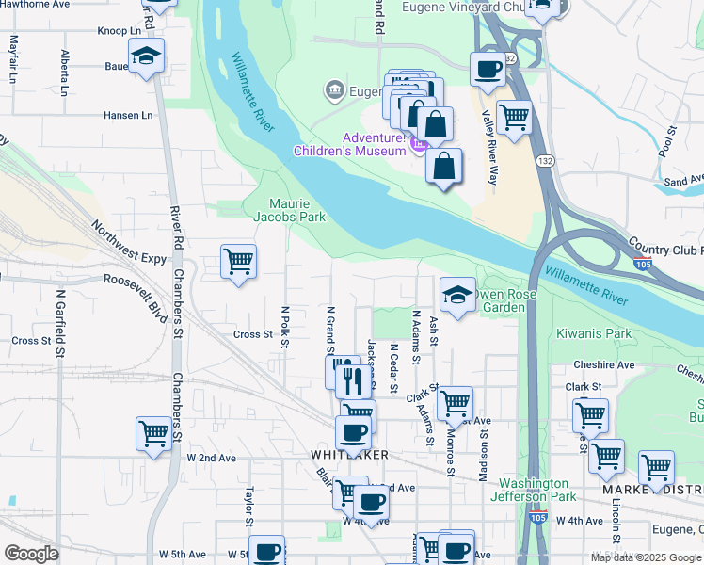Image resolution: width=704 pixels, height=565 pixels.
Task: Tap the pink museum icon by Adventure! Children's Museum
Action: pyautogui.click(x=418, y=143)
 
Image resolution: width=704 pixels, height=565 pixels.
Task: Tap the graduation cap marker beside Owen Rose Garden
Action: pyautogui.click(x=456, y=294)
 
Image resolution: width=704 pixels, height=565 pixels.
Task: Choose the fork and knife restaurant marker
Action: pyautogui.click(x=349, y=379)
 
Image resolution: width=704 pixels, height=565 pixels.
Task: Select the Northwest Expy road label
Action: pyautogui.click(x=128, y=242)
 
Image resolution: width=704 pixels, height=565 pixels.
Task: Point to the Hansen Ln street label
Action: pyautogui.click(x=128, y=115)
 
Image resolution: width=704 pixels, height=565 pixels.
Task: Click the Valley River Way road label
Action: pyautogui.click(x=488, y=146)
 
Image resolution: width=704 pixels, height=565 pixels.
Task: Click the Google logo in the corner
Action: pyautogui.click(x=31, y=554)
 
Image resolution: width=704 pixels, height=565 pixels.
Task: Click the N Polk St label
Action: pyautogui.click(x=284, y=326)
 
